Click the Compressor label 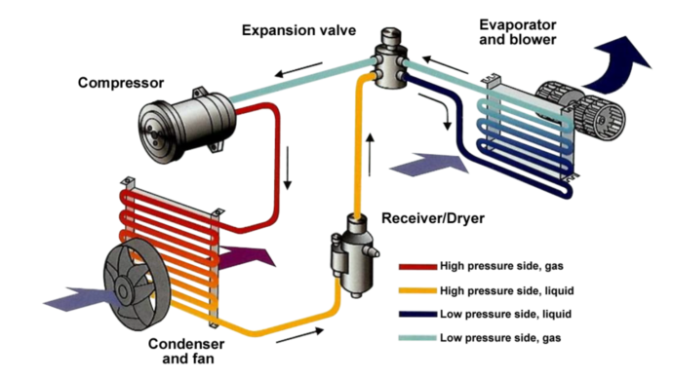tap(121, 83)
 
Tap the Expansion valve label tap(298, 30)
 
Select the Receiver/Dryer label tap(433, 218)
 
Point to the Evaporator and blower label tap(518, 32)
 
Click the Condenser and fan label tap(186, 351)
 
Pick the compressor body tap(187, 126)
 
